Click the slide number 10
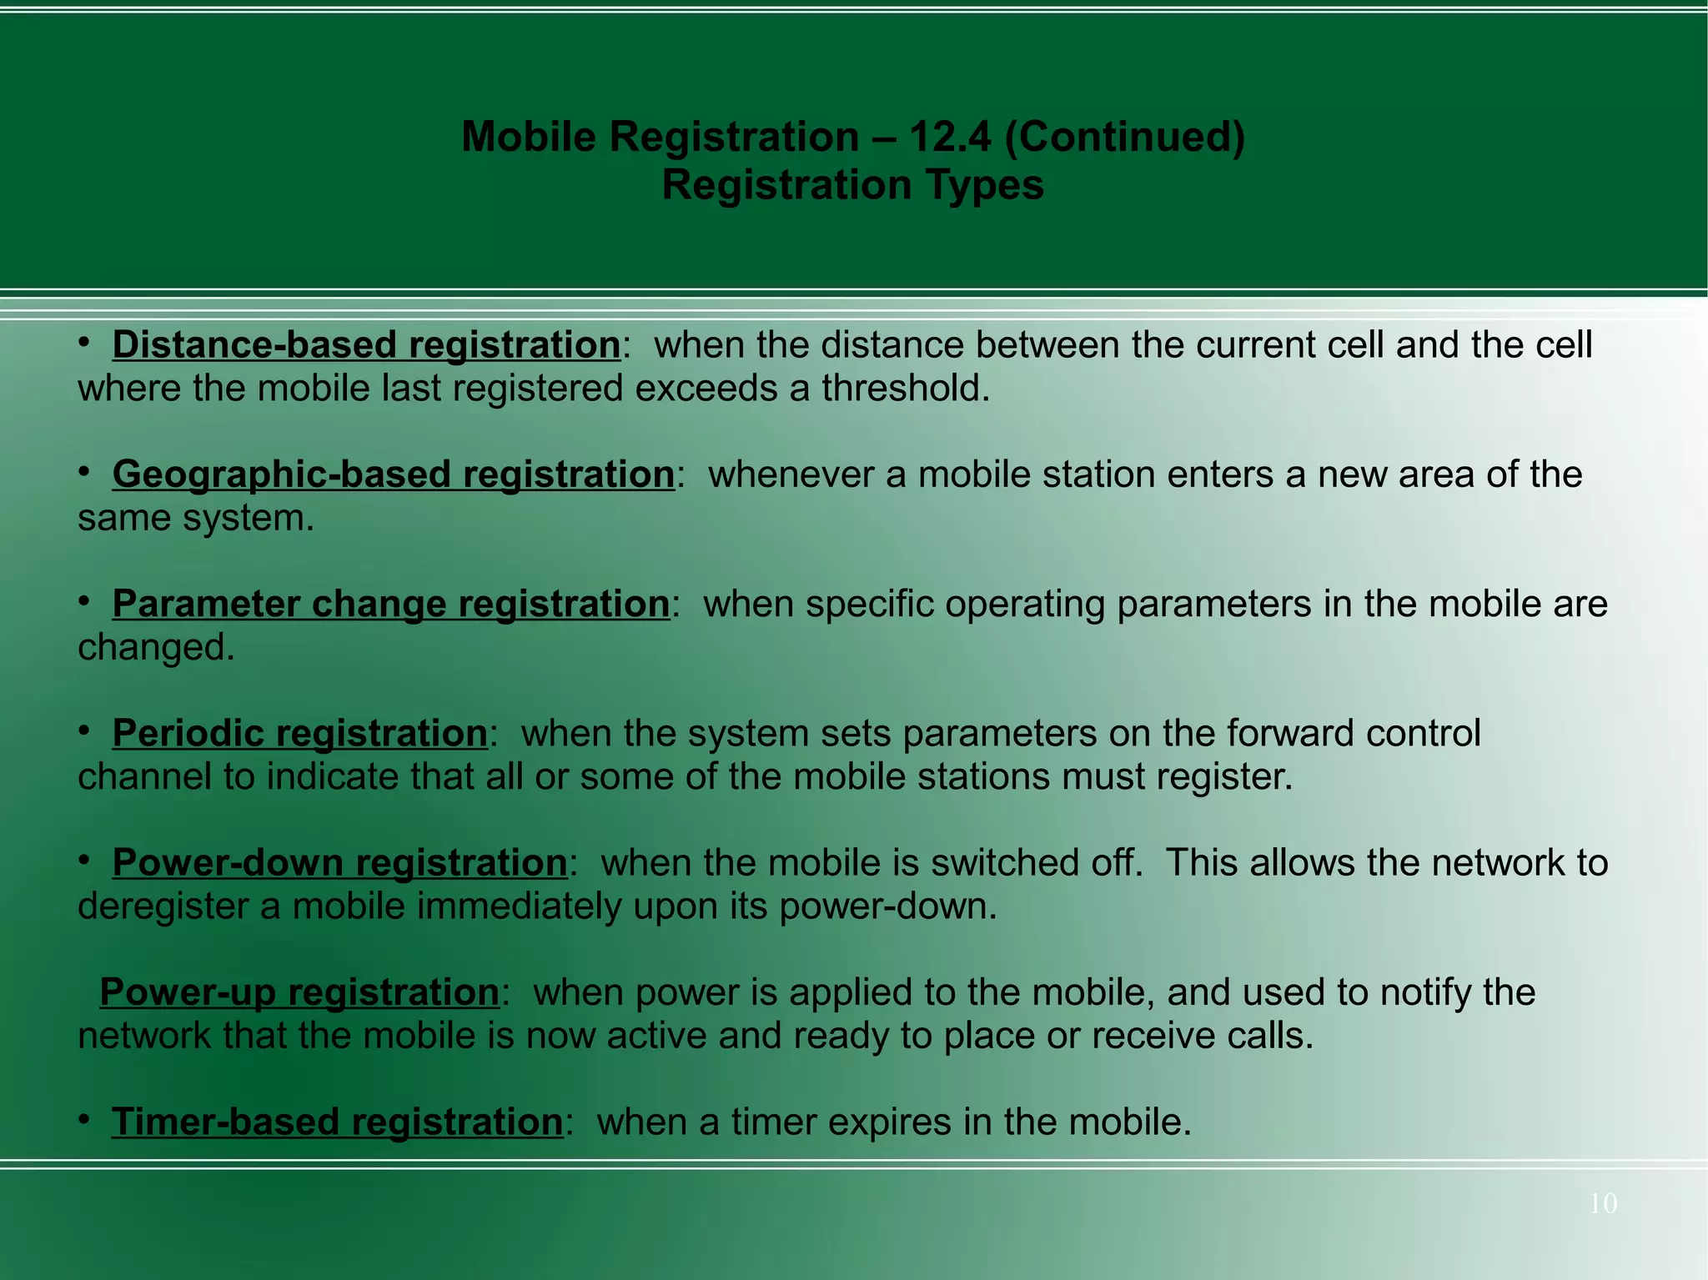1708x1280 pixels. coord(1603,1203)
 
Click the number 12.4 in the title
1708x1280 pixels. coord(950,137)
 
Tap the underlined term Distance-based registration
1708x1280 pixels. coord(366,345)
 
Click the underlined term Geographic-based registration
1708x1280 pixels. coord(393,474)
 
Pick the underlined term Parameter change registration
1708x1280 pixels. coord(390,604)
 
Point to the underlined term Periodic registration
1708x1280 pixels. coord(299,733)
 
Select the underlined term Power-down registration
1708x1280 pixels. coord(339,862)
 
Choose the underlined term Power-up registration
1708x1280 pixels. coord(299,992)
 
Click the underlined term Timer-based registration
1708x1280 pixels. coord(337,1122)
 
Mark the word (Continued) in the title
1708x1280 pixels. coord(1124,137)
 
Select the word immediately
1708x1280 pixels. coord(519,906)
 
